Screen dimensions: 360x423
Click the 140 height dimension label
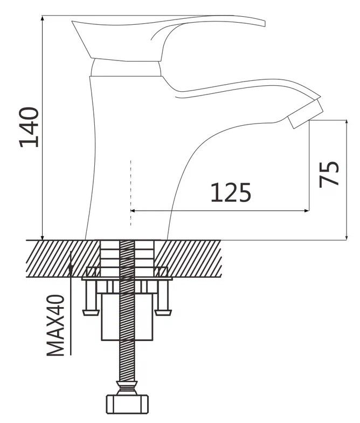coord(29,127)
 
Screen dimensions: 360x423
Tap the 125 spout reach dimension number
coord(231,193)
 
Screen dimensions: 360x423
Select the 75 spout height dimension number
coord(329,174)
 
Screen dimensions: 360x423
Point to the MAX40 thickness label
coord(56,325)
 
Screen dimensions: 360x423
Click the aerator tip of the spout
coord(305,114)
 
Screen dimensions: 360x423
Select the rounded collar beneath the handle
coord(126,68)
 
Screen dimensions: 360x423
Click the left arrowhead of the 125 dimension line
coord(133,210)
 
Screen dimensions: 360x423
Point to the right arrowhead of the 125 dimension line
coord(306,210)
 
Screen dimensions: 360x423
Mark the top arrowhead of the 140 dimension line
coord(42,18)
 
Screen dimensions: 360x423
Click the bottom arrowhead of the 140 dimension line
coord(42,237)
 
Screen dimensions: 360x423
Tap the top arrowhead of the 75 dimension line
coord(347,123)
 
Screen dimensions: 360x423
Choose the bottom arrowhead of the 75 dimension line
coord(347,237)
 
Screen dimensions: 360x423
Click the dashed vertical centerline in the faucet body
coord(131,193)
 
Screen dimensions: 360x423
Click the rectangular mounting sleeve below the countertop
coord(128,317)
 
